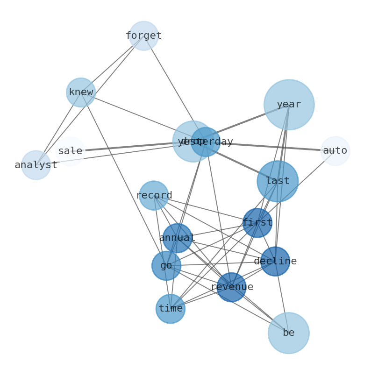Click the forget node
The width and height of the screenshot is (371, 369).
tap(143, 35)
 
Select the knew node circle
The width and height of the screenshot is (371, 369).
tap(81, 92)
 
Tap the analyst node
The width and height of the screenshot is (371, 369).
tap(36, 165)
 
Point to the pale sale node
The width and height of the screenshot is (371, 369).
tap(70, 151)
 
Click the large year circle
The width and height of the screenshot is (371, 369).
tap(289, 105)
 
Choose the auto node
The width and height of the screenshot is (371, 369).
tap(335, 151)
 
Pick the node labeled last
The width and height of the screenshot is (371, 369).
tap(278, 181)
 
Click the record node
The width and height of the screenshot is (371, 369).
tap(154, 195)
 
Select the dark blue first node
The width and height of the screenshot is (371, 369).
tap(257, 223)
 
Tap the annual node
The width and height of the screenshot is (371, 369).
tap(177, 238)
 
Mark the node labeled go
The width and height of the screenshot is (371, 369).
tap(166, 266)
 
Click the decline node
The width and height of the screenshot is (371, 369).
tap(275, 262)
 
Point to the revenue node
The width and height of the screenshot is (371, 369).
tap(231, 287)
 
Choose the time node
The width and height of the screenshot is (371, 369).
tap(171, 309)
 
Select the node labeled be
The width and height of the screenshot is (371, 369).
tap(288, 333)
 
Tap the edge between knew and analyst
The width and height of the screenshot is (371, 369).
tap(58, 129)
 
